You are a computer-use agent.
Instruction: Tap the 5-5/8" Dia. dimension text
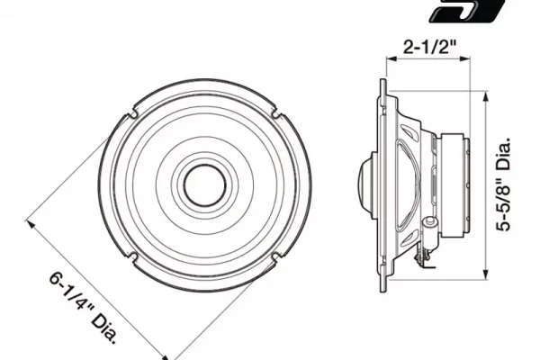[503, 184]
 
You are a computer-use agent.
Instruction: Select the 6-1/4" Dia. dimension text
[84, 309]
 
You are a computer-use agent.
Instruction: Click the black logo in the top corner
[466, 10]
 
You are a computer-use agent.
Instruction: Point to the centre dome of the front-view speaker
[205, 185]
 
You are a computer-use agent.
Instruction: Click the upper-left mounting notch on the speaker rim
[132, 113]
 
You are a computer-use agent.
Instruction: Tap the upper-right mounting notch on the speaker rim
[276, 112]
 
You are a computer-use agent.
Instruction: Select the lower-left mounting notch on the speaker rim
[133, 257]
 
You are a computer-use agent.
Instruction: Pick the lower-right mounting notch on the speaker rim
[276, 257]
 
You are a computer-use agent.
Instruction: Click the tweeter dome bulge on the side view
[365, 185]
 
